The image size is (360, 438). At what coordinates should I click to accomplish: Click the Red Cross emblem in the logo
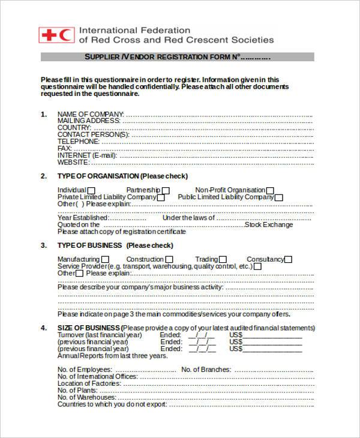pyautogui.click(x=49, y=35)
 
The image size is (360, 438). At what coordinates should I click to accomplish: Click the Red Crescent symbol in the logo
pyautogui.click(x=66, y=35)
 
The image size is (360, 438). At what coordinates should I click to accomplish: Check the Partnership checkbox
pyautogui.click(x=166, y=191)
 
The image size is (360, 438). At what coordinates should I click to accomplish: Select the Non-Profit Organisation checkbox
pyautogui.click(x=270, y=191)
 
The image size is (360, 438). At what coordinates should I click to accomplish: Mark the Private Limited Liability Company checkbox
pyautogui.click(x=162, y=197)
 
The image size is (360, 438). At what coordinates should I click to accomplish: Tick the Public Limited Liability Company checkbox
pyautogui.click(x=279, y=197)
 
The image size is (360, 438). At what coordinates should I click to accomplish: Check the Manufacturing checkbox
pyautogui.click(x=106, y=260)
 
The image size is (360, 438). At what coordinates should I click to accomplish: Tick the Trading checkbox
pyautogui.click(x=223, y=260)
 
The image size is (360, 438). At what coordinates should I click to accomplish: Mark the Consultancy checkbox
pyautogui.click(x=289, y=260)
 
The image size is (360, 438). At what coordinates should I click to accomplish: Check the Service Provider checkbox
pyautogui.click(x=257, y=266)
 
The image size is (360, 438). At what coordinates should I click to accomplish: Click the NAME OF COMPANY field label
pyautogui.click(x=90, y=114)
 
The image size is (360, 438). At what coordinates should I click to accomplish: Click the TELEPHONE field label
pyautogui.click(x=78, y=142)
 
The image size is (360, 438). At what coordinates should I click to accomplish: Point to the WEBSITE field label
pyautogui.click(x=73, y=162)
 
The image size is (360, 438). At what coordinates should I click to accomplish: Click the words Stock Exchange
pyautogui.click(x=270, y=225)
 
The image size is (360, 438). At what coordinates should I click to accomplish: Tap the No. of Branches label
pyautogui.click(x=205, y=370)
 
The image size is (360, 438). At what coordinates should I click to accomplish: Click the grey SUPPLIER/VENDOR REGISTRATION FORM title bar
pyautogui.click(x=177, y=57)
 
